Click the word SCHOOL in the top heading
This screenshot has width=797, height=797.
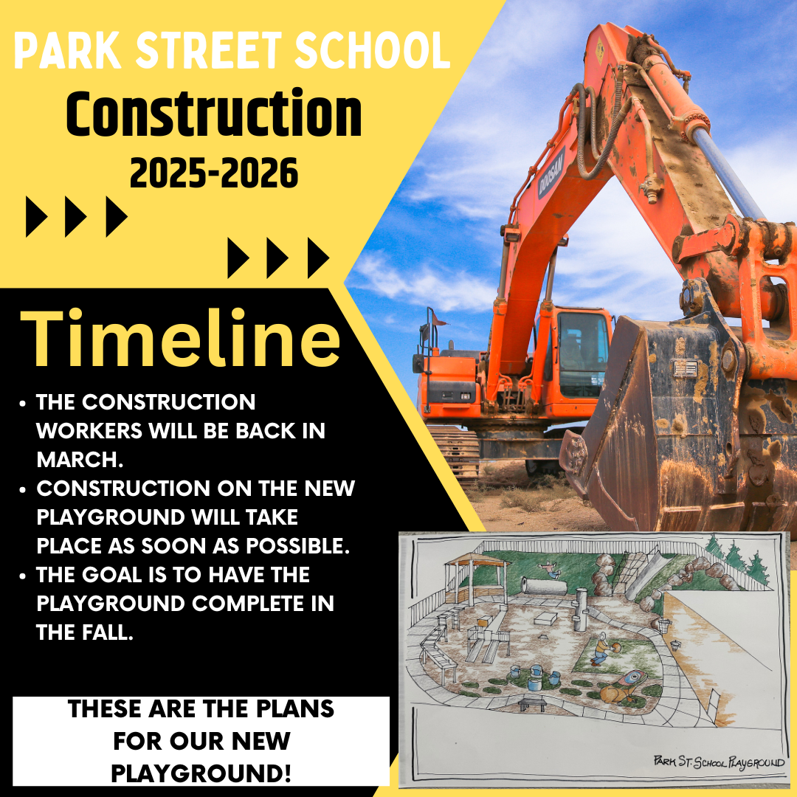point(372,50)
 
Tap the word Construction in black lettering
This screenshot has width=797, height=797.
point(214,114)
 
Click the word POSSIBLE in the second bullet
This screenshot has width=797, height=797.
point(298,546)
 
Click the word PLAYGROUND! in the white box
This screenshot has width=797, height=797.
point(201,774)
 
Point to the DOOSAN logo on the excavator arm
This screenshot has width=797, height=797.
point(551,173)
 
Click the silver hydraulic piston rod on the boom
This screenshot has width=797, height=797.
point(728,173)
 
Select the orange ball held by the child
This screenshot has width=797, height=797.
point(614,648)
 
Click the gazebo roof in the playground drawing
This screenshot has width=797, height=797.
point(476,560)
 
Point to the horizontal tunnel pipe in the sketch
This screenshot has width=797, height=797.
point(544,586)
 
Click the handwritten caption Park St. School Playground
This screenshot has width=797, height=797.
point(719,762)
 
